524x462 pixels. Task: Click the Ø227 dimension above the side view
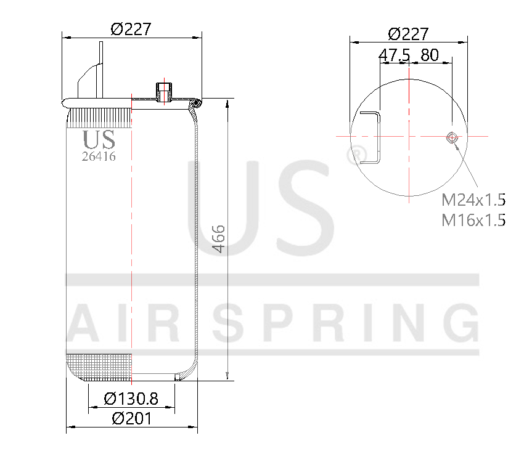pyautogui.click(x=131, y=29)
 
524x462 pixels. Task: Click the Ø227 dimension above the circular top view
pyautogui.click(x=408, y=33)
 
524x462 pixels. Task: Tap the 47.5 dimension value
pyautogui.click(x=394, y=55)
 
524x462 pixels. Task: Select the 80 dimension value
pyautogui.click(x=429, y=55)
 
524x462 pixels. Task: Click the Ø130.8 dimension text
pyautogui.click(x=131, y=399)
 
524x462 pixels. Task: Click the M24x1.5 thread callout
pyautogui.click(x=473, y=200)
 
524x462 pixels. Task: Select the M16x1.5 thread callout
pyautogui.click(x=473, y=220)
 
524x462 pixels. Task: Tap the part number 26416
pyautogui.click(x=99, y=156)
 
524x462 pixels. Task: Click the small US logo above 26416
pyautogui.click(x=99, y=140)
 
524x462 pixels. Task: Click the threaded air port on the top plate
pyautogui.click(x=164, y=91)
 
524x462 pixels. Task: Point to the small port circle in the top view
pyautogui.click(x=452, y=137)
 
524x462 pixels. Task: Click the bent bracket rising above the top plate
pyautogui.click(x=91, y=71)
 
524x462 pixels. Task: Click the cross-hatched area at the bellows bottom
pyautogui.click(x=99, y=366)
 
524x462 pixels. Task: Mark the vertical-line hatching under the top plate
pyautogui.click(x=99, y=116)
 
